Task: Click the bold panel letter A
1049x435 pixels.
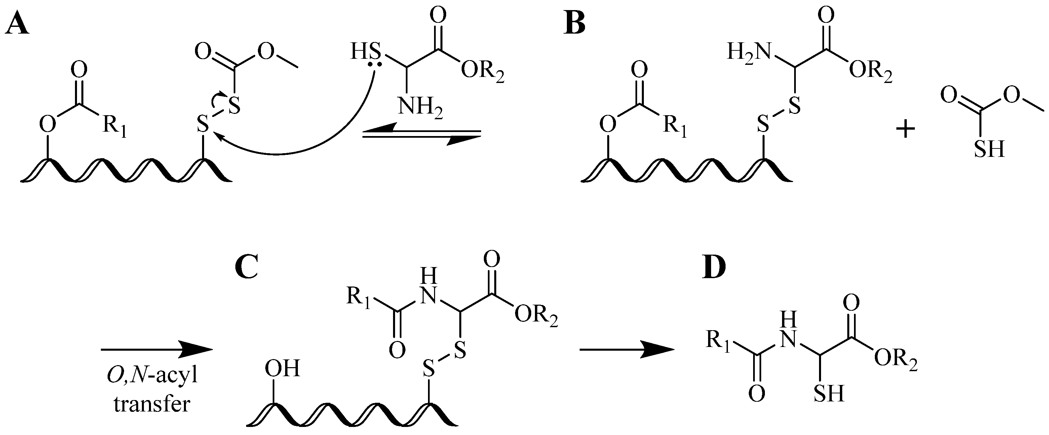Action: point(17,25)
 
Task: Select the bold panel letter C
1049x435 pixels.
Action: point(247,269)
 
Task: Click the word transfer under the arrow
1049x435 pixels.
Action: point(152,404)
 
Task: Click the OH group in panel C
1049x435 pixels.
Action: point(282,369)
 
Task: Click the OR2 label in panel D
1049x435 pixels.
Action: point(895,360)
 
